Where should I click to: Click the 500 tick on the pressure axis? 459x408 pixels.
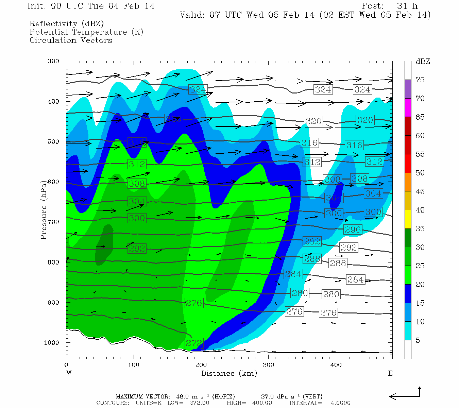coord(53,142)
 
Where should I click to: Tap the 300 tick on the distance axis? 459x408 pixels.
coord(269,365)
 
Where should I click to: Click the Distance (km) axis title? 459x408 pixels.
coord(229,373)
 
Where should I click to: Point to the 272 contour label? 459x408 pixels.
coord(194,343)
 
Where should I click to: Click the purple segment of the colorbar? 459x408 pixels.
coord(408,89)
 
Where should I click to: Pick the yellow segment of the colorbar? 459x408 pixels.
coord(408,219)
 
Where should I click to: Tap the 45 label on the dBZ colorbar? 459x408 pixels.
coord(420,191)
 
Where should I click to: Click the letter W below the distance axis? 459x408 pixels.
coord(69,373)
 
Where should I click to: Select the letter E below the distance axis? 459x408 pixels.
coord(390,373)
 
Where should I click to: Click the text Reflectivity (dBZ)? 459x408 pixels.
coord(67,24)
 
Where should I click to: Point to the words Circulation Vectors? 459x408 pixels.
coord(71,40)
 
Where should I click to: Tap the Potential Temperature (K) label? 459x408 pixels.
coord(86,32)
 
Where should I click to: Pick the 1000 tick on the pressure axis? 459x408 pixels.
coord(52,343)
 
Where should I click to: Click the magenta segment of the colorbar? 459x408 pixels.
coord(408,107)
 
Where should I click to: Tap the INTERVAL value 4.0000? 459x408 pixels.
coord(341,403)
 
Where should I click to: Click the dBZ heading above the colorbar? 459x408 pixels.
coord(423,62)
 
